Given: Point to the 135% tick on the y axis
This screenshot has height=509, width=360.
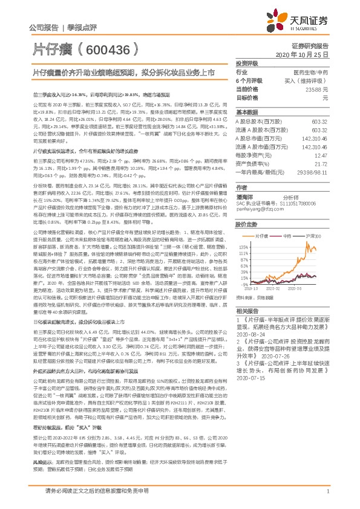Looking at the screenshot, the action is tap(243, 246).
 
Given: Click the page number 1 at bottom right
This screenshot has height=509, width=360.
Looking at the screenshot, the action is tap(327, 491).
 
